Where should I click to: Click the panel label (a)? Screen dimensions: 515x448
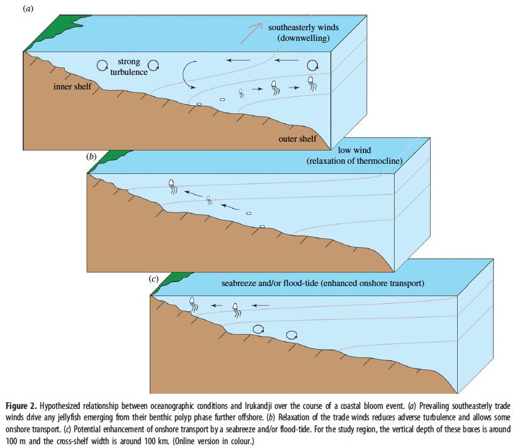(x=28, y=9)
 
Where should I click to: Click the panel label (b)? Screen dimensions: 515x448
(x=91, y=156)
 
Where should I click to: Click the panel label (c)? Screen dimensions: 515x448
(x=154, y=279)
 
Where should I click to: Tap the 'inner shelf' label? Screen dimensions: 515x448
(x=72, y=86)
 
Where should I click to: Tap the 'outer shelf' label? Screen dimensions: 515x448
(x=298, y=139)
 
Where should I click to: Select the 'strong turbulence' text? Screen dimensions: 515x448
(x=128, y=67)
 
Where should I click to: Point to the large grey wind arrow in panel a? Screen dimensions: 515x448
(x=251, y=33)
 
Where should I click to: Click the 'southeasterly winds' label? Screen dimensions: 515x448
(x=303, y=27)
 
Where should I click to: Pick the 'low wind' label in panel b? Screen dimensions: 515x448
(x=354, y=150)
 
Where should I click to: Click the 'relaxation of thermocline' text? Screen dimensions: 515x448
(x=354, y=161)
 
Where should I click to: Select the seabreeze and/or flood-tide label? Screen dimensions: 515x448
(x=322, y=283)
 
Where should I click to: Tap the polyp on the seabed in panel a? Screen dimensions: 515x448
(x=199, y=104)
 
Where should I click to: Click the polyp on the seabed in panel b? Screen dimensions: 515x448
(x=262, y=226)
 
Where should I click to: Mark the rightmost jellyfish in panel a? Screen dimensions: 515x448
(x=312, y=83)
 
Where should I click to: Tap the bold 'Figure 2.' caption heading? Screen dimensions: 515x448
(x=21, y=406)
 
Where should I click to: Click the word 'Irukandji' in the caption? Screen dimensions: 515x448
(x=258, y=406)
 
